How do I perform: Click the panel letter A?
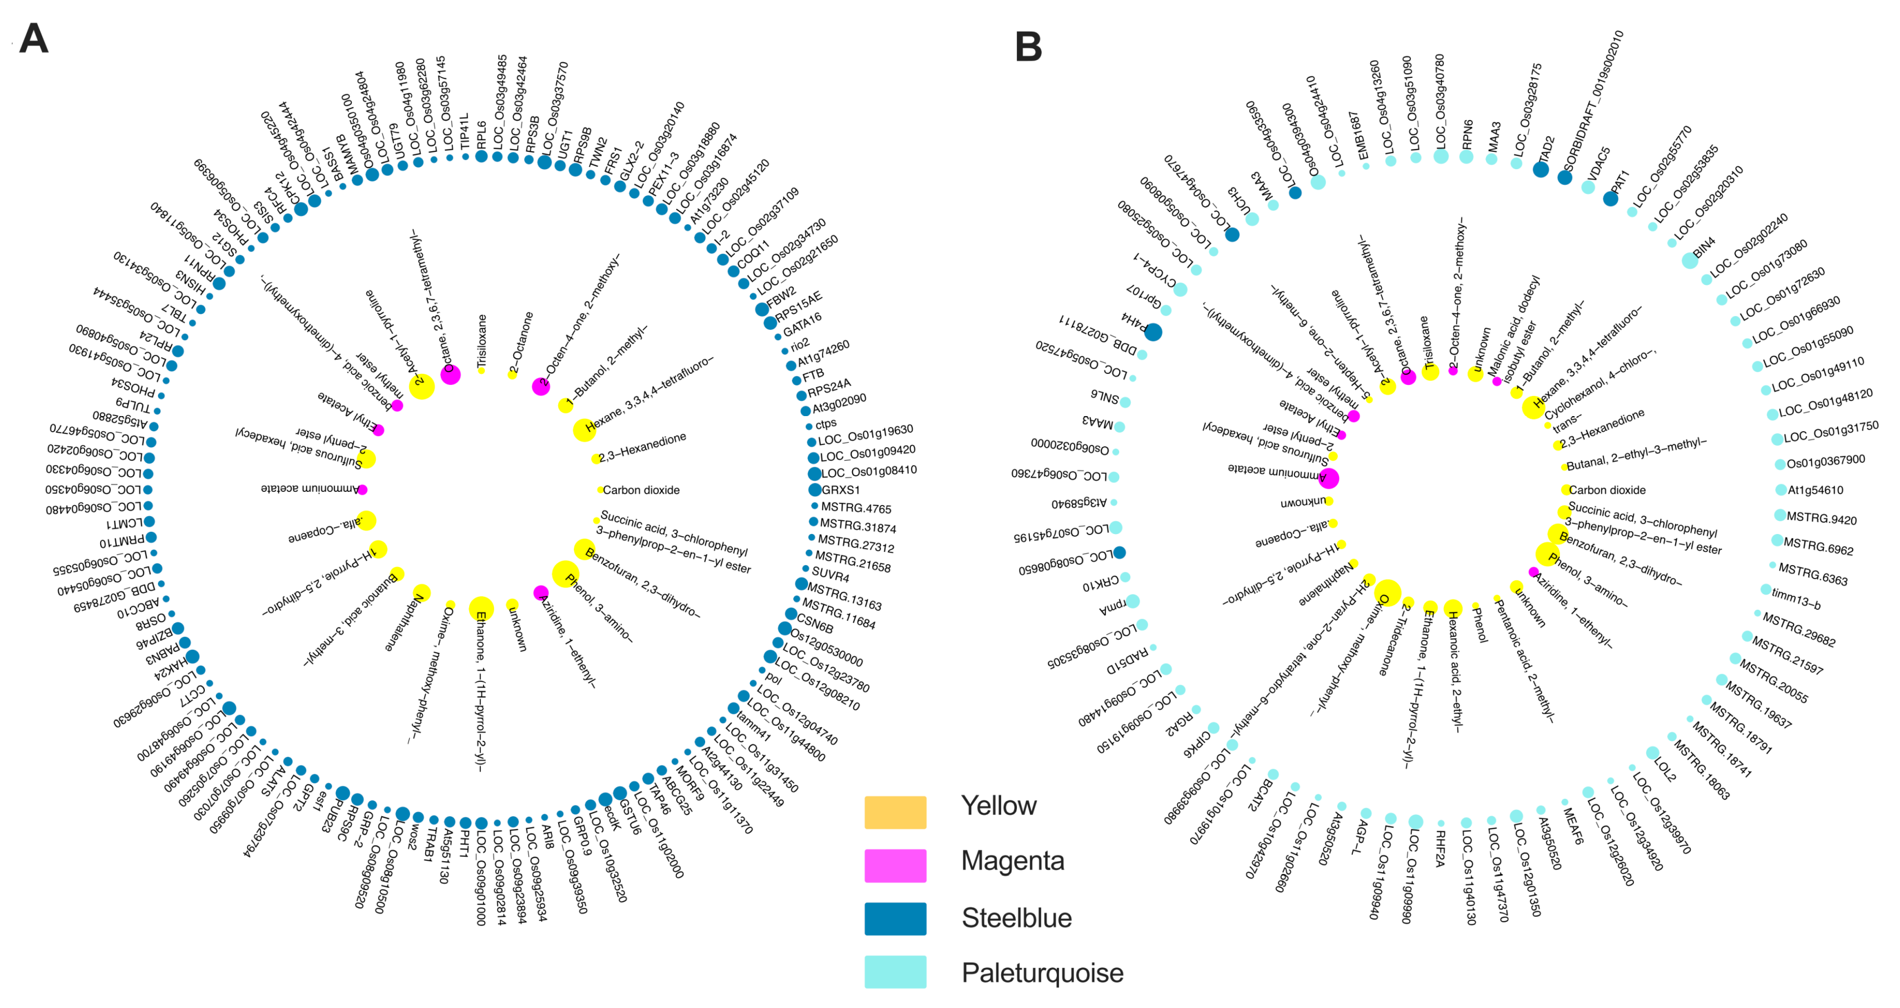[x=33, y=38]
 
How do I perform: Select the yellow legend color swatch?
[x=895, y=812]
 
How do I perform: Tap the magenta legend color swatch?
[x=895, y=865]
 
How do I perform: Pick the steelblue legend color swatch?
[x=895, y=919]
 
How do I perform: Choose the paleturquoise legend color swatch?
[x=895, y=972]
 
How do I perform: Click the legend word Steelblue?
[x=1016, y=918]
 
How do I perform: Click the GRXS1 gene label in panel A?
[x=841, y=490]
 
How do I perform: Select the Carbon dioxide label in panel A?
[x=641, y=490]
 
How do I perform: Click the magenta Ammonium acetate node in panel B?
[x=1328, y=478]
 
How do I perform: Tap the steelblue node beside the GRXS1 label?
[x=814, y=490]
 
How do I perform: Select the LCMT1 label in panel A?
[x=125, y=523]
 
